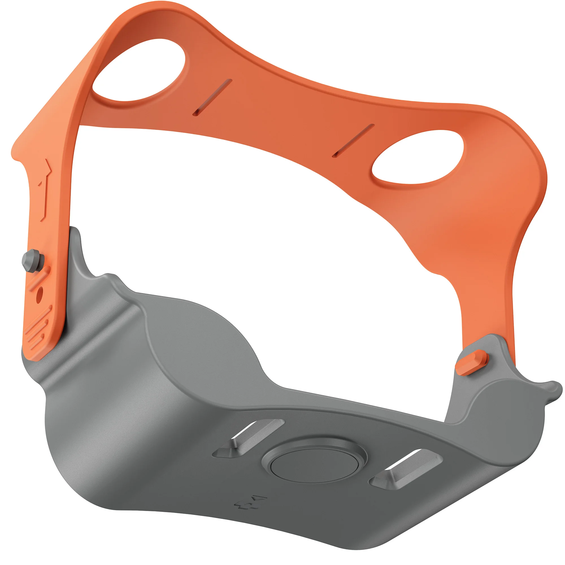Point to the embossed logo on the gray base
(250, 502)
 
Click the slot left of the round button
(249, 438)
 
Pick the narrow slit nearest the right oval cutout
(353, 141)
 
